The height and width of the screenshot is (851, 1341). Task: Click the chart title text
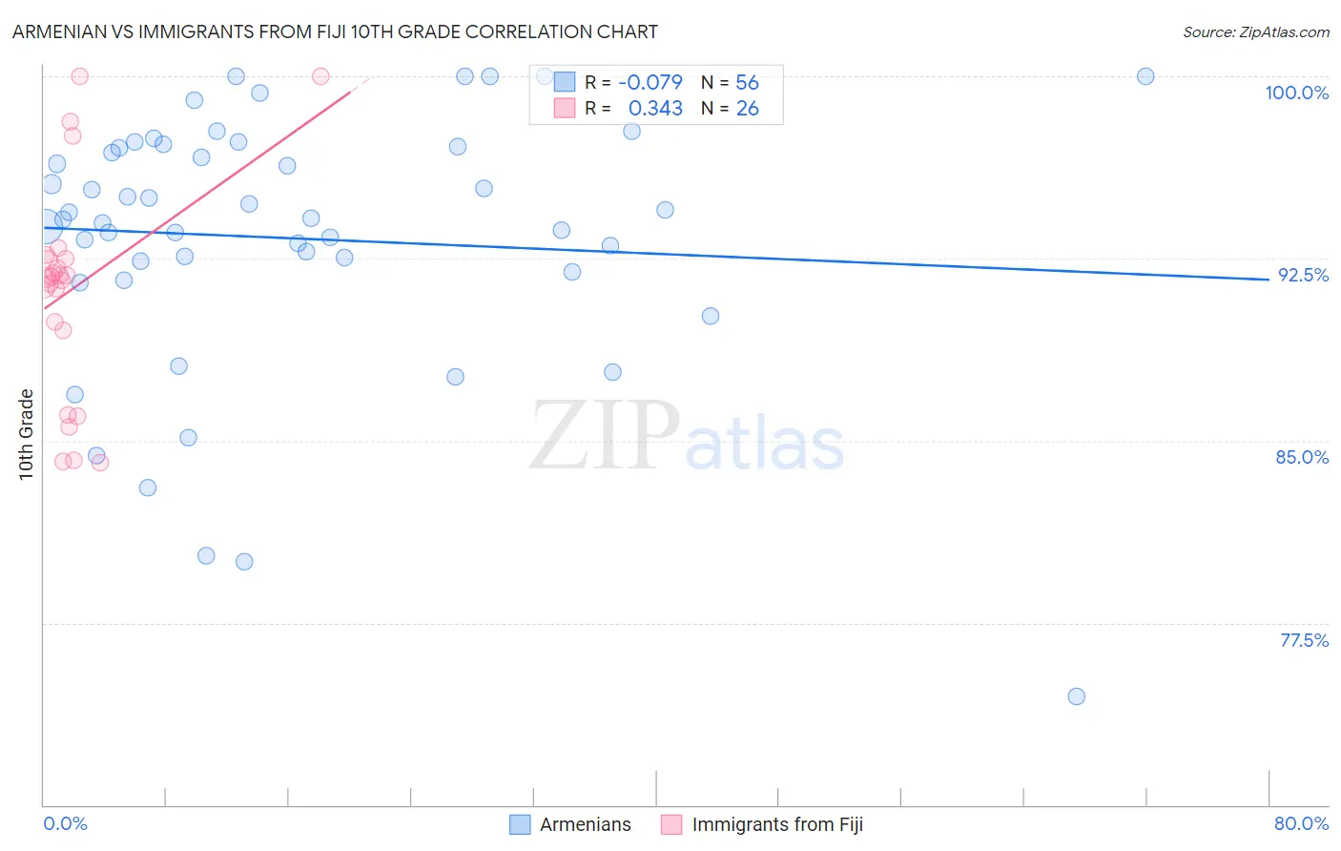335,31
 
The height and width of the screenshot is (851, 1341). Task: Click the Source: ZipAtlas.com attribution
1255,31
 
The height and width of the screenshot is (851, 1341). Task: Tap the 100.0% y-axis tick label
1296,93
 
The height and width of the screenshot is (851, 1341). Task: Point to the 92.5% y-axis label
1303,275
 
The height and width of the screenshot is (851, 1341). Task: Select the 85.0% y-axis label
1302,457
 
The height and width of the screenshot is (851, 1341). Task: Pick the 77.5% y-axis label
1304,640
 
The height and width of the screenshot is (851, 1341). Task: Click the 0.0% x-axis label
65,823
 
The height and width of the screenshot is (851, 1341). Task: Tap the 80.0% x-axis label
1301,823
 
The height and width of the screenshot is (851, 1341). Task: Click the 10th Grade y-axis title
27,434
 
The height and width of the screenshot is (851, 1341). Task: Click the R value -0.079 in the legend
650,83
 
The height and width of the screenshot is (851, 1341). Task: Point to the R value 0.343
655,109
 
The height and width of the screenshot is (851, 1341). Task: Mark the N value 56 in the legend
747,83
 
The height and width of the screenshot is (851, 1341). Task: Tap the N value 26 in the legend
747,109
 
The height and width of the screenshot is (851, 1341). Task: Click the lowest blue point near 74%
1076,696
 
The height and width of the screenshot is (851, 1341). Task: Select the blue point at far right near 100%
1145,76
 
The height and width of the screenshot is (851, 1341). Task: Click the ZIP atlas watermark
687,436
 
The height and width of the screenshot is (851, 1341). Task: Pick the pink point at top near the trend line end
320,76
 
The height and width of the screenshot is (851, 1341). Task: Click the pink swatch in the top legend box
565,109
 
